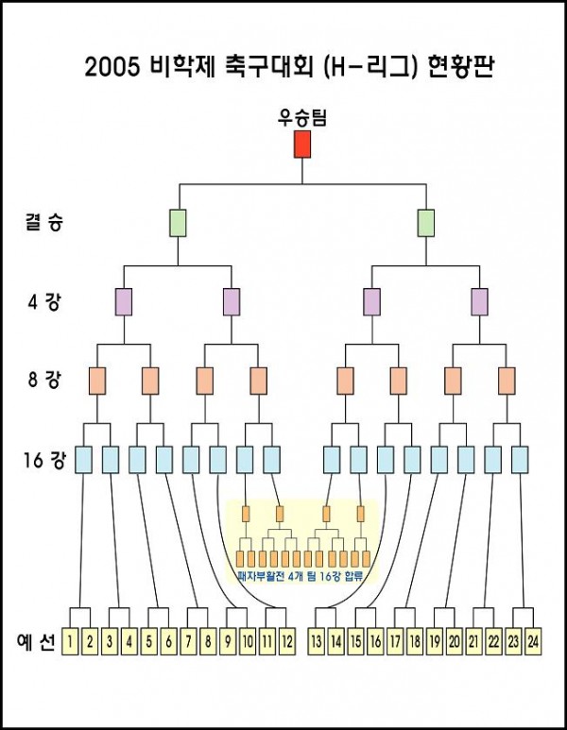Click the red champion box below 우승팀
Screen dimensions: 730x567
[302, 144]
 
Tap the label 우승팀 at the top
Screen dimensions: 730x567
[302, 118]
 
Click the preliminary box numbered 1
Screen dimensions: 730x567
[70, 641]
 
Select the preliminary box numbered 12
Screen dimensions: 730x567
[287, 641]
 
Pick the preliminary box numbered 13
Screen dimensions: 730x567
[316, 641]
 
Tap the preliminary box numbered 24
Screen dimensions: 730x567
[534, 641]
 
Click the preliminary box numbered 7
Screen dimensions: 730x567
[188, 641]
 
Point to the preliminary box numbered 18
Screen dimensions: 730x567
[415, 641]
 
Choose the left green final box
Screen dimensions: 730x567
[178, 224]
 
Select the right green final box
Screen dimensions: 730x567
[426, 224]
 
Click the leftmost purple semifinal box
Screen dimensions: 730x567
[124, 302]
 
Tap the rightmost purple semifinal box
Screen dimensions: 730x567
[480, 302]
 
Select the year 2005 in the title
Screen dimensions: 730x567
[113, 68]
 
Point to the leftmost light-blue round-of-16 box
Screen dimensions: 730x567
[83, 460]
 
